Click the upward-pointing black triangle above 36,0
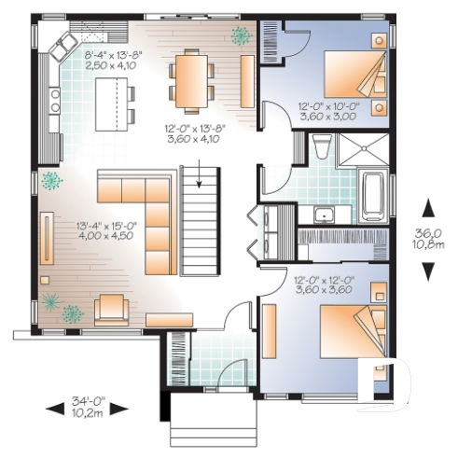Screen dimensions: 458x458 click(x=428, y=206)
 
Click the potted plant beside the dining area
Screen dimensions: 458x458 click(x=242, y=35)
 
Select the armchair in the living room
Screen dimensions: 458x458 click(x=112, y=307)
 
